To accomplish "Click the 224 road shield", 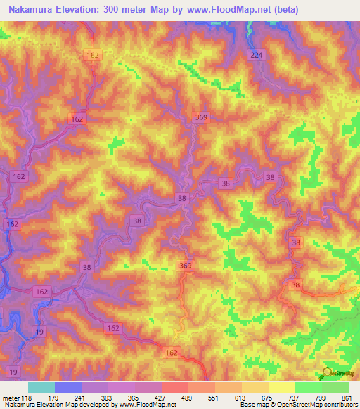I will [x=255, y=56].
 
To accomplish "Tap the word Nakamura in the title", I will [x=29, y=10].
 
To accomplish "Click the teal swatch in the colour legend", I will [x=41, y=387].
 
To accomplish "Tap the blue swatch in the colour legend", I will [x=67, y=387].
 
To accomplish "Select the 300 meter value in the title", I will [x=127, y=10].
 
